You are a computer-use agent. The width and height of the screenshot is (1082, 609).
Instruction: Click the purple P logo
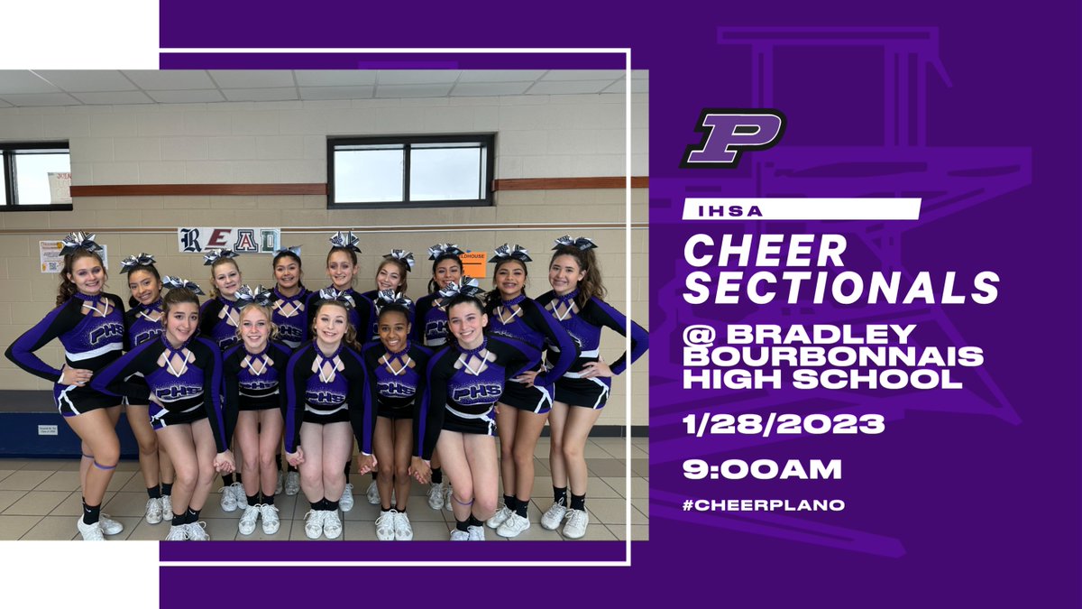coord(732,137)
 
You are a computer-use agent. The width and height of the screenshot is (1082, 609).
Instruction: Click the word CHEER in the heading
coord(765,251)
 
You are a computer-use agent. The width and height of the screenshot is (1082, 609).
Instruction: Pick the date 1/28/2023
coord(784,423)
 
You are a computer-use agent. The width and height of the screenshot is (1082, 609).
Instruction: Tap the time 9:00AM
coord(762,469)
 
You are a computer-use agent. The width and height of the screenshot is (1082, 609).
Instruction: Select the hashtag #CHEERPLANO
coord(764,505)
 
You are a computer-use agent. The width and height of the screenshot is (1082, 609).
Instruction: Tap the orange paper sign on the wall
coord(472,263)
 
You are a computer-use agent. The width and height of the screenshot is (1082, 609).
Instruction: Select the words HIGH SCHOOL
coord(821,379)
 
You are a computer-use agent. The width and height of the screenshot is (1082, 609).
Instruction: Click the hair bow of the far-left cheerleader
coord(80,242)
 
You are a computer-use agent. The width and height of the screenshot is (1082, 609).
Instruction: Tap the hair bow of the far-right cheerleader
coord(574,242)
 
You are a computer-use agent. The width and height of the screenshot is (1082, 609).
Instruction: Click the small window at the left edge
coord(34,175)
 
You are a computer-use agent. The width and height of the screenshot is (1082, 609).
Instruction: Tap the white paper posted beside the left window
coord(60,187)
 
